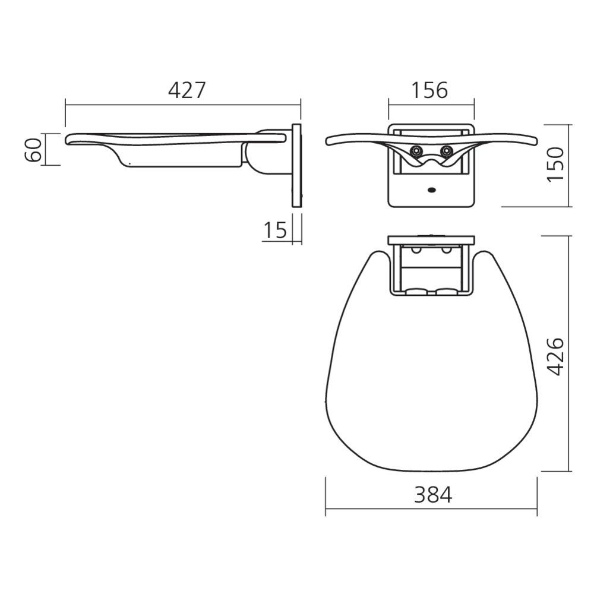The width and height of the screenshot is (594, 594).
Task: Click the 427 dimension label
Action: click(x=187, y=90)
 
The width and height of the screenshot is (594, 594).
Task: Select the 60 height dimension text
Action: click(x=33, y=150)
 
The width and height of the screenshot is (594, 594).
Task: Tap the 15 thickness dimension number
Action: click(x=275, y=230)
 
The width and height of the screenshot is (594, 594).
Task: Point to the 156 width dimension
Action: click(x=429, y=90)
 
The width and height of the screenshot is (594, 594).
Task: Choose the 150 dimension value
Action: click(x=556, y=165)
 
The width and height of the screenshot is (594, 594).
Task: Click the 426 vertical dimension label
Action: click(x=556, y=356)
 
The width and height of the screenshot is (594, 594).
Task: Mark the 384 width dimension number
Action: click(x=433, y=495)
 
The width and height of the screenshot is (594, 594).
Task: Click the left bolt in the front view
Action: click(x=416, y=151)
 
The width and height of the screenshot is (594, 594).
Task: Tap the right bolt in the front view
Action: click(x=447, y=151)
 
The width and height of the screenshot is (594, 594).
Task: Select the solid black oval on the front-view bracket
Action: click(x=431, y=190)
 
